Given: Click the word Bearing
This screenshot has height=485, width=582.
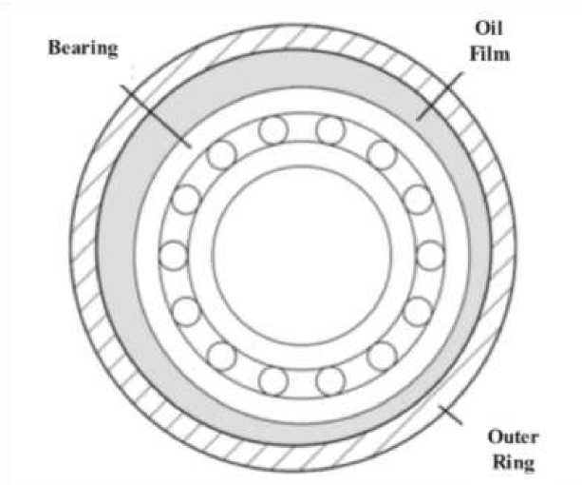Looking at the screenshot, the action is pos(83,48).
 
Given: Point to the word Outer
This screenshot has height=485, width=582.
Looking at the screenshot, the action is pos(514,437).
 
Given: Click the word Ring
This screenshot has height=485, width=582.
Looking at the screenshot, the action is pos(514,464).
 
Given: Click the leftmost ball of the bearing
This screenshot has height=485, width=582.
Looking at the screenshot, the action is pos(174,255).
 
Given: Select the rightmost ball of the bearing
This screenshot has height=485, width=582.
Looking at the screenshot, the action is pos(431,255).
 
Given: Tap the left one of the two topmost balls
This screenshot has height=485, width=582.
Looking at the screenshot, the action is pos(275,128).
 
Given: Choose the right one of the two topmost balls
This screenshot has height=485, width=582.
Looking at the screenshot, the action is pos(329,128).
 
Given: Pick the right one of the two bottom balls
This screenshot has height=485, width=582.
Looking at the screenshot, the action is pos(329,380).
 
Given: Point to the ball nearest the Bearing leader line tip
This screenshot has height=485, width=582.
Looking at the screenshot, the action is pos(222,152).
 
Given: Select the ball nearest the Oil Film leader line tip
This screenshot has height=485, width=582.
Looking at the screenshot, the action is pos(382,152).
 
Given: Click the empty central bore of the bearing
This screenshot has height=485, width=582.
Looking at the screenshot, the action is pos(302,255).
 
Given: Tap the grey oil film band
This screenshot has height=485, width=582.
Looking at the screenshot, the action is pos(119,255).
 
